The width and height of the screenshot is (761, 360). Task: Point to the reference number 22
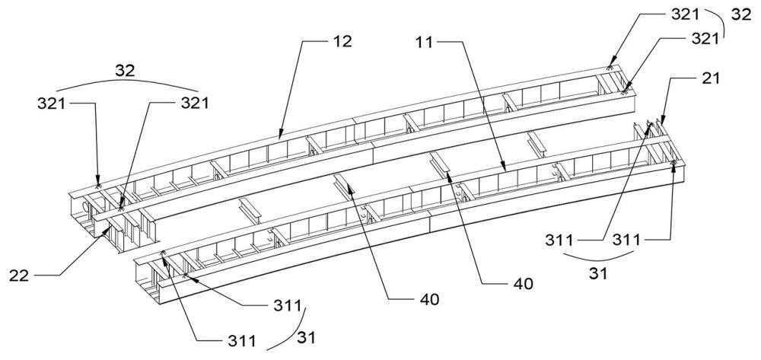19,276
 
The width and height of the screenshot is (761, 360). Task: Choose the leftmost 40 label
428,299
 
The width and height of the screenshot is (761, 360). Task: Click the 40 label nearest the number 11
522,283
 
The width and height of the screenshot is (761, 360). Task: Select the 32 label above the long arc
126,70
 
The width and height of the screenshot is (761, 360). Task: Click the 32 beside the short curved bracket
741,14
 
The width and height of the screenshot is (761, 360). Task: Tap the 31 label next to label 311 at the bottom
305,337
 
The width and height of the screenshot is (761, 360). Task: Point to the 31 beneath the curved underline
598,274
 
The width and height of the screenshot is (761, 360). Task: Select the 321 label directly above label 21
704,39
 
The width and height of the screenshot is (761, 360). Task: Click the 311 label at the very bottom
242,341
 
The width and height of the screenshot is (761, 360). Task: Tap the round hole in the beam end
88,208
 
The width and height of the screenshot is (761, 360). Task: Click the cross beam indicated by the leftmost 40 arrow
343,186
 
